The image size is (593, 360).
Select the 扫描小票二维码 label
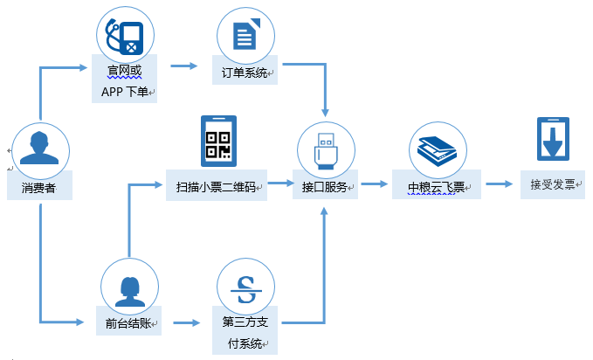216,186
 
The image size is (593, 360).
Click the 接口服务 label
326,187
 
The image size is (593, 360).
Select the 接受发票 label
554,184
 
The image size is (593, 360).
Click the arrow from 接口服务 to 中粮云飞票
374,184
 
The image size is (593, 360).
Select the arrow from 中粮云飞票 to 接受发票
500,184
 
